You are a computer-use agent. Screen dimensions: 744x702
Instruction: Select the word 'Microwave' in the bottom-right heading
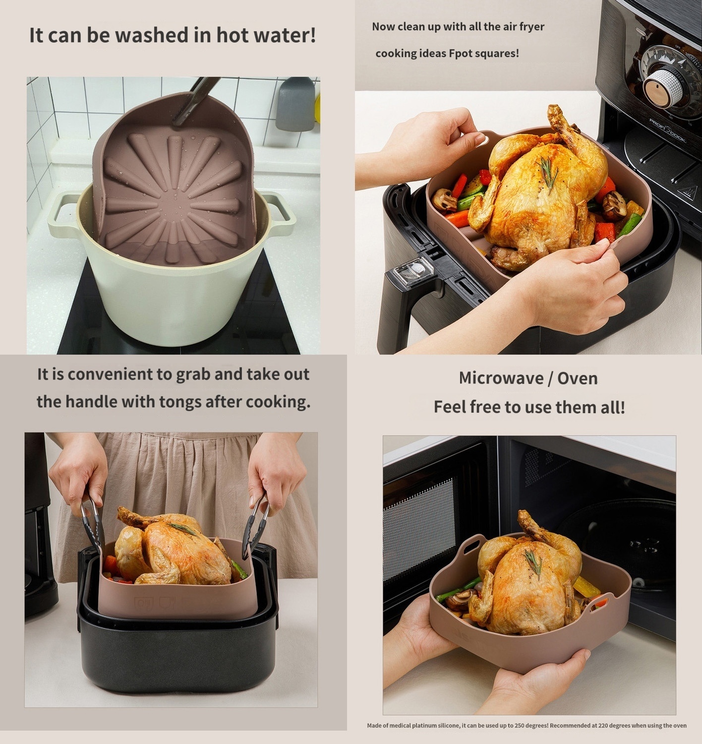[x=501, y=378]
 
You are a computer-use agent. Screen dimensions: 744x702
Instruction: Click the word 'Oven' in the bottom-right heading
[x=578, y=378]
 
